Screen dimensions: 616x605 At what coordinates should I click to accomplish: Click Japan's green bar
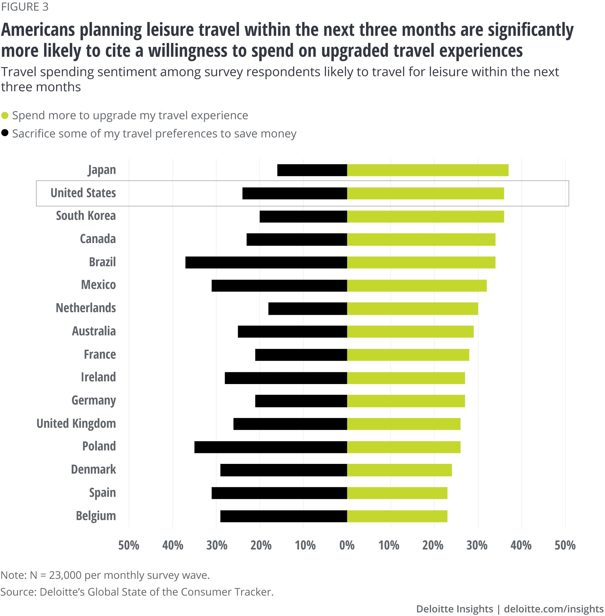tap(427, 170)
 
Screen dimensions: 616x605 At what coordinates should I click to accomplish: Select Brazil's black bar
tap(266, 262)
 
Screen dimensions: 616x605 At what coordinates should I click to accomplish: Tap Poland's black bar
tap(270, 447)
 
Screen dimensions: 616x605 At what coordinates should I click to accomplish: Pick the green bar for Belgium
tap(397, 516)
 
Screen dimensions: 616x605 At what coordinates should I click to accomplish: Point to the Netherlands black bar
tap(307, 308)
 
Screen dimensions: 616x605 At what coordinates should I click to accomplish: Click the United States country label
tap(83, 193)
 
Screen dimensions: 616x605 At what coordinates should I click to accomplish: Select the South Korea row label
tap(86, 216)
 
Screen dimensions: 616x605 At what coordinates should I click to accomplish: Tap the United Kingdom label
tap(76, 423)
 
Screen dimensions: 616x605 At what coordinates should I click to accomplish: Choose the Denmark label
tap(93, 470)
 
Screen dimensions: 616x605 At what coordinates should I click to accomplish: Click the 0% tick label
tap(347, 545)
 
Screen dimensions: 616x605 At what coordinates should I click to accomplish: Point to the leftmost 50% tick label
tap(129, 545)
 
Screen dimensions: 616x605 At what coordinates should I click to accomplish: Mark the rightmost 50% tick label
tap(565, 545)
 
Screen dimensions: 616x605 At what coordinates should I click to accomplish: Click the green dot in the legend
tap(5, 115)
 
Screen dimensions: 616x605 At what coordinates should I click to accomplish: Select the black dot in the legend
tap(5, 133)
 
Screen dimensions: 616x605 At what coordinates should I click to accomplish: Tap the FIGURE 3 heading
tap(25, 7)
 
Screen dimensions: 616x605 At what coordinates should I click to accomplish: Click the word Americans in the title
tap(38, 30)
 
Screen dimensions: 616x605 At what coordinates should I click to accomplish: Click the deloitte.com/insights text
tap(554, 609)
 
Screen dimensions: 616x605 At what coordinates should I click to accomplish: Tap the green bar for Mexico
tap(416, 285)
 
